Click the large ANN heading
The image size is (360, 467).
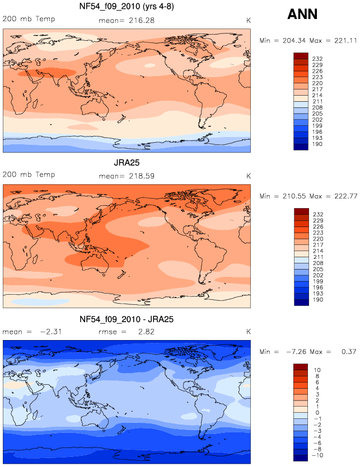tap(302, 14)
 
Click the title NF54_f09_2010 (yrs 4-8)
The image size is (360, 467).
tap(127, 6)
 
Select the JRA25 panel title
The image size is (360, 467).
tap(127, 163)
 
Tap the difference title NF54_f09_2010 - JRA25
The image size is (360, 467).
tap(127, 319)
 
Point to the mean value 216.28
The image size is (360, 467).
tap(142, 21)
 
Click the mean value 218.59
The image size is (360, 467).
tap(142, 176)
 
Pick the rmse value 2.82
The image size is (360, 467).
tap(146, 332)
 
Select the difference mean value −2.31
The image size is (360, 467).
tap(51, 332)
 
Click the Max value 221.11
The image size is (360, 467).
tap(345, 40)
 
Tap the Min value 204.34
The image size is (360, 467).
tap(294, 40)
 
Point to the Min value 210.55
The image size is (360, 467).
tap(294, 196)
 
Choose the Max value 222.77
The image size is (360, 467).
tap(345, 196)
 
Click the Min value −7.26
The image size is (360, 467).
tap(296, 352)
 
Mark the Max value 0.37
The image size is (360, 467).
tap(349, 352)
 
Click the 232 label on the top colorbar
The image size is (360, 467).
tap(317, 59)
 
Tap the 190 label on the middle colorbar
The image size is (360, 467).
tap(318, 300)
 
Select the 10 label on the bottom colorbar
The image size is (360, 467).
tap(317, 370)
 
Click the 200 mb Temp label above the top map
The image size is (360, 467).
tap(29, 19)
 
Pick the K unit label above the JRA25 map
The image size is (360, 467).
tap(249, 176)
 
